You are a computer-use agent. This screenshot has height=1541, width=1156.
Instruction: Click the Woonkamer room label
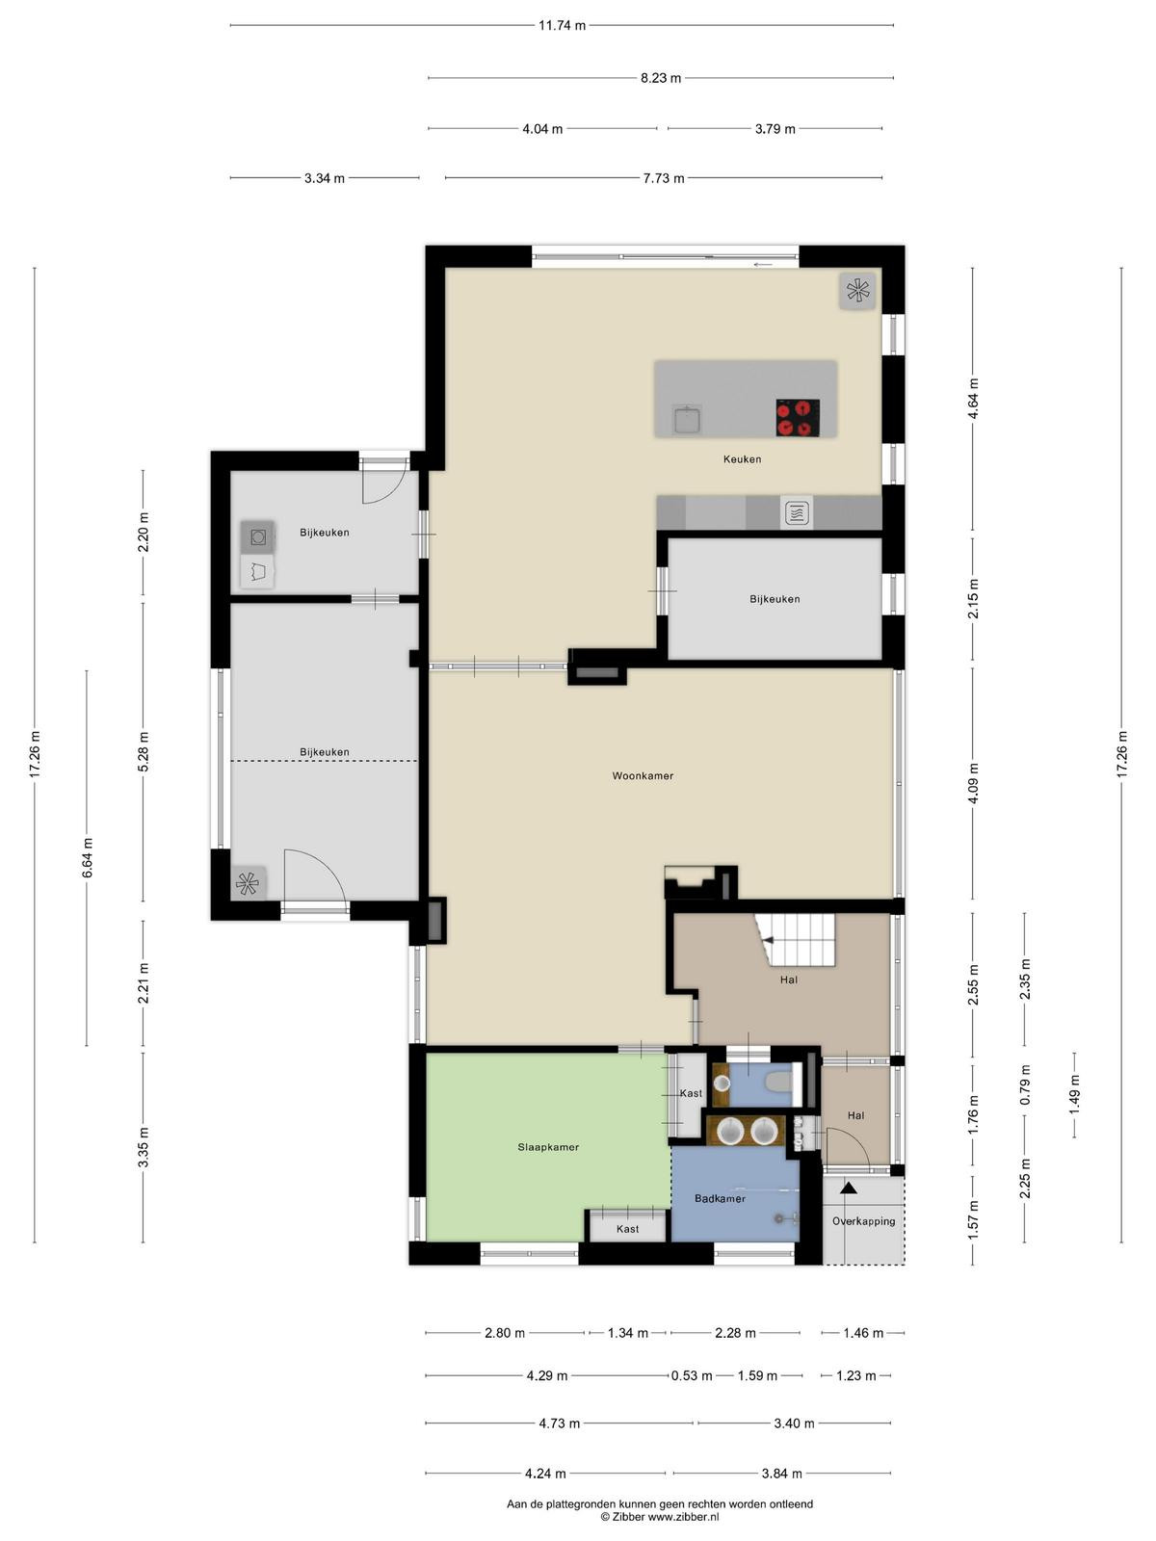click(643, 775)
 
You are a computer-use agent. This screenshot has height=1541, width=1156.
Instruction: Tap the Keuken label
click(742, 459)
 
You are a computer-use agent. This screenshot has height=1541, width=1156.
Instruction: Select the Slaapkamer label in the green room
click(548, 1147)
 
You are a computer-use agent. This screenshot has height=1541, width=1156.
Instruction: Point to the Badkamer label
click(720, 1198)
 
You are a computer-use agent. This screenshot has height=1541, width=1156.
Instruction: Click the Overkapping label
click(863, 1221)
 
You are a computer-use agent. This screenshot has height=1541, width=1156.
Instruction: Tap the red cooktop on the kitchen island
click(798, 418)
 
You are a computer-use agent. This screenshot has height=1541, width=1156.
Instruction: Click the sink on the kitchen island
click(685, 419)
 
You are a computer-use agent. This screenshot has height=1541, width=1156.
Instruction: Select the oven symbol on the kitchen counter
click(797, 513)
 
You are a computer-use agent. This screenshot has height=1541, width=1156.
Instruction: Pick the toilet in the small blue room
click(780, 1084)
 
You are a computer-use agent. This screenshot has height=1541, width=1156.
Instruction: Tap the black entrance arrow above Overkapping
click(849, 1188)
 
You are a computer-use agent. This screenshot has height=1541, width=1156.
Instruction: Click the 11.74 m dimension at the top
click(562, 26)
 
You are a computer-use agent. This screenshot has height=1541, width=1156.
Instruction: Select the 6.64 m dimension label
click(87, 858)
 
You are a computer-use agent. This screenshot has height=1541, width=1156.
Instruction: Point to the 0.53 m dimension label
click(692, 1375)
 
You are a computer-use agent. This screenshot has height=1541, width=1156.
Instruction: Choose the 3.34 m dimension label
click(325, 178)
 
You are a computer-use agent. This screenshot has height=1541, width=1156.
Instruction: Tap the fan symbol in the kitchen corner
click(857, 291)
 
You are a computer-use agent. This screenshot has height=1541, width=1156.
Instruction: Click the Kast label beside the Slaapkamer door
click(691, 1093)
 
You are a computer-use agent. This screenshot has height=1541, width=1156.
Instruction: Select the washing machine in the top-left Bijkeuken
click(257, 537)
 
